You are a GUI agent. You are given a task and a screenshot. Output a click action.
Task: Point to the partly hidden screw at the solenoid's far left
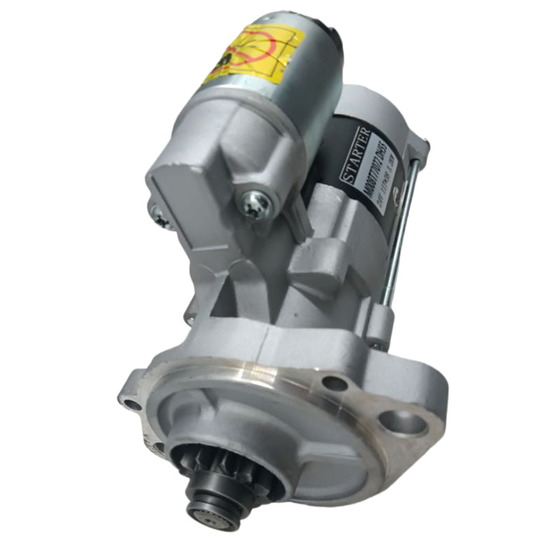tap(158, 216)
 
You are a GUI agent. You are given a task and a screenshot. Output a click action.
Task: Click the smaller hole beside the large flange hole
tap(335, 384)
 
